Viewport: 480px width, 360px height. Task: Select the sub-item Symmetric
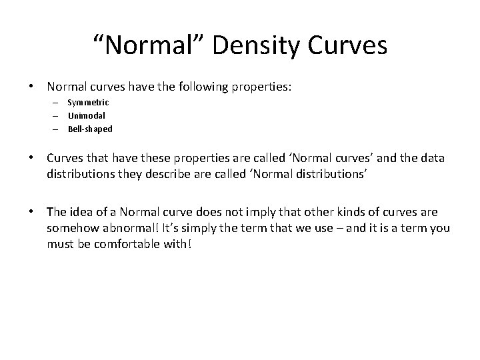coord(88,103)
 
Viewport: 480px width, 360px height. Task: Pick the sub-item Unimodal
coord(86,116)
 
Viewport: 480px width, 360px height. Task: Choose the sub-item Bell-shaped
coord(90,129)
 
